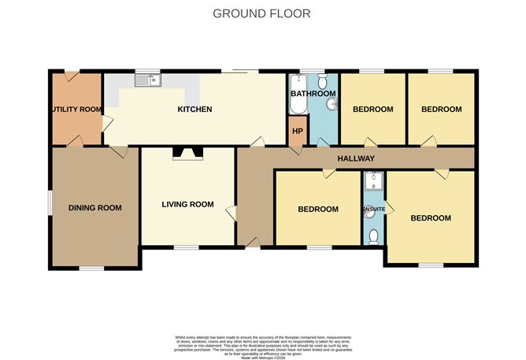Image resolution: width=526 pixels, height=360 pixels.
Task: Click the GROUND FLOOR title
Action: (262, 13)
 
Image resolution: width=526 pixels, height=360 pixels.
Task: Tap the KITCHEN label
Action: (194, 109)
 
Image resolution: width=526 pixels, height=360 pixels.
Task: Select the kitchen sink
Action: (146, 79)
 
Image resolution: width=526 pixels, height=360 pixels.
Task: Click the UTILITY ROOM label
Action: (77, 109)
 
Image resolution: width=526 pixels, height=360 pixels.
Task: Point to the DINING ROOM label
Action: (94, 208)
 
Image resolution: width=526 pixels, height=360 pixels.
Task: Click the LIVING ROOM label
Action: (187, 205)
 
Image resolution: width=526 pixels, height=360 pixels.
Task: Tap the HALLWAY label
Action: (356, 159)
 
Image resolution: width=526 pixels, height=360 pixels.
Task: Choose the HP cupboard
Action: (298, 131)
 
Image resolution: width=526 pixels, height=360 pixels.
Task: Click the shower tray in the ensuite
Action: (372, 182)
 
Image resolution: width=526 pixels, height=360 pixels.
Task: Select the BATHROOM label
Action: (313, 94)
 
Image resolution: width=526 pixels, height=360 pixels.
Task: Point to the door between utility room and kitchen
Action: (106, 122)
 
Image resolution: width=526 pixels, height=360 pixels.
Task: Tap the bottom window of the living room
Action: (187, 247)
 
